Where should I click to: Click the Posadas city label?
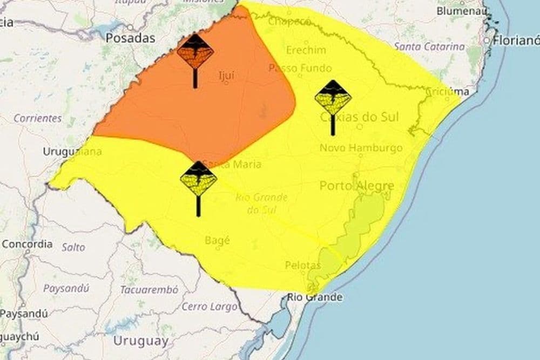[x=130, y=38]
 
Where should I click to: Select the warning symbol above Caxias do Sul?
[x=333, y=99]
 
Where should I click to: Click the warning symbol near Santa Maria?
[x=198, y=180]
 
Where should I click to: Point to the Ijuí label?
[x=226, y=76]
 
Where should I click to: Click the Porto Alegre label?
[x=356, y=186]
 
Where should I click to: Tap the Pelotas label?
[x=303, y=266]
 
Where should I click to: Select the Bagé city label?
[x=218, y=241]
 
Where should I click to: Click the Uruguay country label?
[x=140, y=341]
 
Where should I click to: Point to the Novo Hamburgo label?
[x=361, y=148]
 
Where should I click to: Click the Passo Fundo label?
[x=300, y=68]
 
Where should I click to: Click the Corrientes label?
[x=38, y=118]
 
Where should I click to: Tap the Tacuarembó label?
[x=149, y=290]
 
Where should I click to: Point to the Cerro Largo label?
[x=209, y=307]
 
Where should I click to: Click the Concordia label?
[x=27, y=244]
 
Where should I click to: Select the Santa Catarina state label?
[x=429, y=47]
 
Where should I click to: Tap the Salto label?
[x=73, y=247]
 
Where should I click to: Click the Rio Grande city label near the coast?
[x=314, y=297]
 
